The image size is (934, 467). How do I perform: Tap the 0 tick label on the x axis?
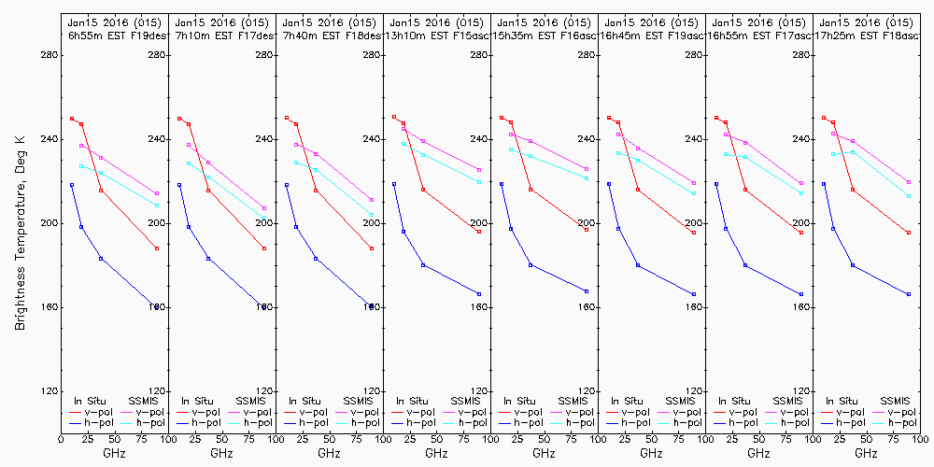61,436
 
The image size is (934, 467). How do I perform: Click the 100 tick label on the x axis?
920,436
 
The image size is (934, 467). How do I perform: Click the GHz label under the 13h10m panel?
436,453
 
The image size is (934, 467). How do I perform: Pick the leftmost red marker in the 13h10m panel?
394,117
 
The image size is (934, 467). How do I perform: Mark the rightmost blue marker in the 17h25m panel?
909,294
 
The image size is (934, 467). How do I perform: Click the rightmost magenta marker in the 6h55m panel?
157,193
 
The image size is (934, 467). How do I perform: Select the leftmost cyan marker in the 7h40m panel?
296,163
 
